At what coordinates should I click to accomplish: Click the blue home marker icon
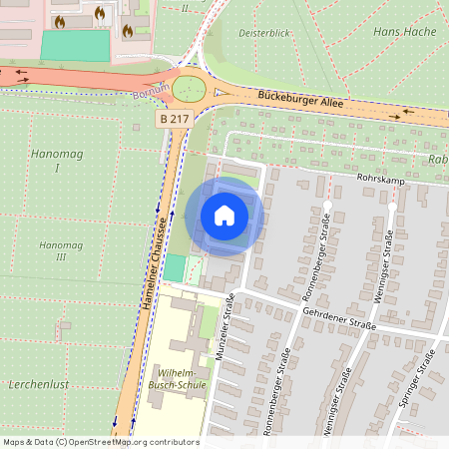224,215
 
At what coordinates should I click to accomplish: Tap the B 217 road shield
175,119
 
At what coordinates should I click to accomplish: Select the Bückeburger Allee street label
299,99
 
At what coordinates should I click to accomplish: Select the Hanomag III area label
53,250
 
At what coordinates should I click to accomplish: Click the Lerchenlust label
35,384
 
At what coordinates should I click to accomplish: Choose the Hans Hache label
398,32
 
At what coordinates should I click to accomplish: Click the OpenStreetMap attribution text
101,442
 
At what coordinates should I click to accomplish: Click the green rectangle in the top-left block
75,45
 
